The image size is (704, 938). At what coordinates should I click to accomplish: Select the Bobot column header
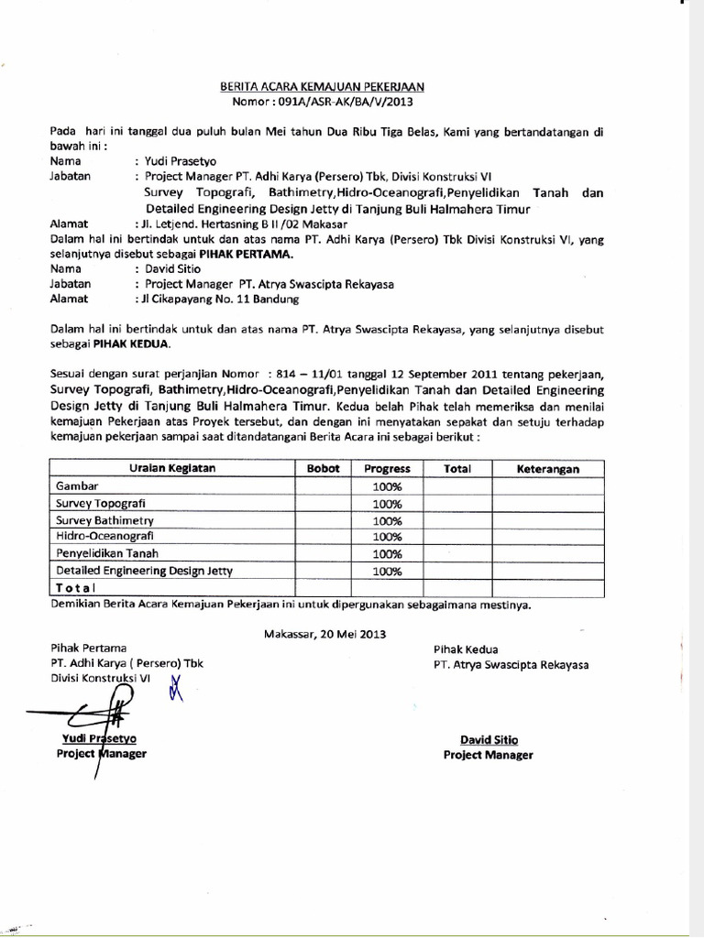coord(324,468)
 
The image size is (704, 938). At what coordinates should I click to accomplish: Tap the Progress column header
coord(387,468)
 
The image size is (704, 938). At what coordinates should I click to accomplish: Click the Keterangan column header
coord(548,468)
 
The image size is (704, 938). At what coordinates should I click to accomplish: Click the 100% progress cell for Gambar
coord(387,485)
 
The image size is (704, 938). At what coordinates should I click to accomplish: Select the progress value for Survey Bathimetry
coord(387,520)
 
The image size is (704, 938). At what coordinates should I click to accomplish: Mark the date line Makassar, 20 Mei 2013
coord(324,633)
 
